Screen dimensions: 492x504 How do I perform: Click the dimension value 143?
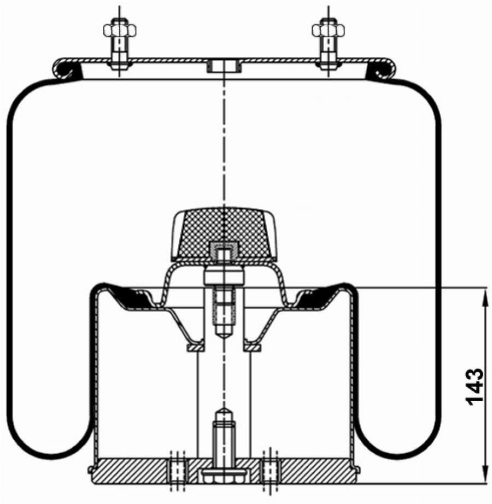(474, 386)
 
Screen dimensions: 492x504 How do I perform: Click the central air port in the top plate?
(224, 67)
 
